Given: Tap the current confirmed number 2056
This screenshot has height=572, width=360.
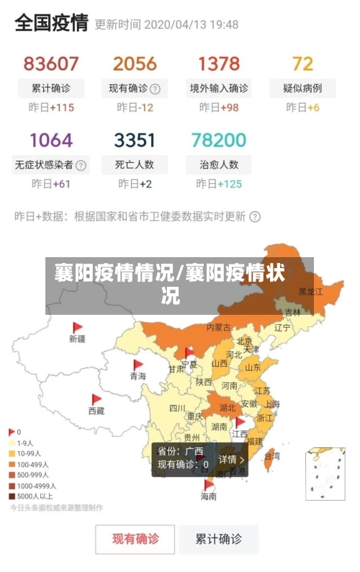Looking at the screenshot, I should tap(135, 63).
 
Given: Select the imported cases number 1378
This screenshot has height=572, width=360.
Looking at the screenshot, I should tap(219, 63).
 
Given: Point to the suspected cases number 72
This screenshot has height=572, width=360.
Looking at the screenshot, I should tap(302, 63).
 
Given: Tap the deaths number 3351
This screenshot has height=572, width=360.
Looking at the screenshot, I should tap(135, 140).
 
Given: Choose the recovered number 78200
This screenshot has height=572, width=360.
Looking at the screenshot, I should tap(219, 140).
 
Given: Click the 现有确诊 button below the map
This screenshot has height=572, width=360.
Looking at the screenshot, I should tap(135, 538).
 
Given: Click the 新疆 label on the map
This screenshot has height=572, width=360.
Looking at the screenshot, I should tap(77, 339).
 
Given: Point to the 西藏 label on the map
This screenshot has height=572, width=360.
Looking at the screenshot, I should tap(96, 411).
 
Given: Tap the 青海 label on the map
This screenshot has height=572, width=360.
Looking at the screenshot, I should tap(138, 376).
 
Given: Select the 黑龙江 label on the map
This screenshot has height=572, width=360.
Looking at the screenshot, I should tap(310, 292).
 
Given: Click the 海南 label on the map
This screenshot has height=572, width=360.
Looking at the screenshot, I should tap(208, 496).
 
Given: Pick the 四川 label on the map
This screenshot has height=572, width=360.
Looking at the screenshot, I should tap(177, 408).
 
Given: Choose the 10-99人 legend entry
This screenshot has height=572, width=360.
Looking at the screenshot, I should tap(30, 454).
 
